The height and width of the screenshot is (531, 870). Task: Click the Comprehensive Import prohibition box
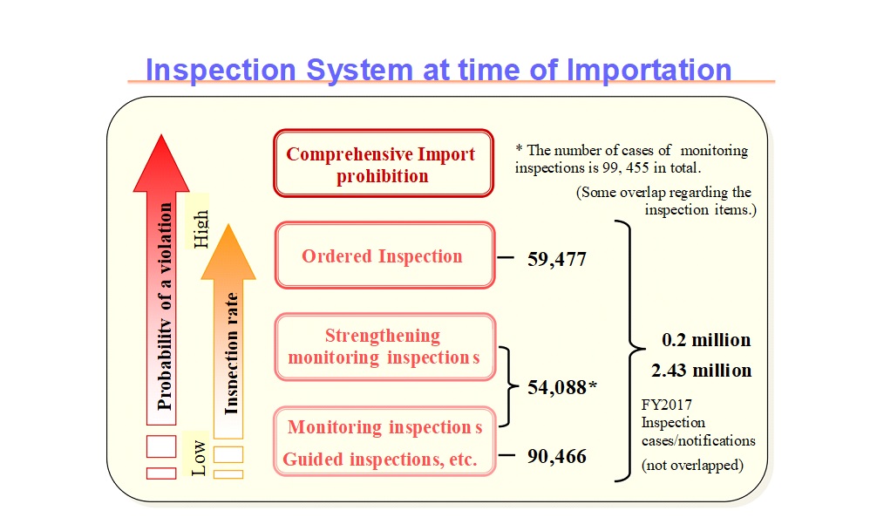coord(384,163)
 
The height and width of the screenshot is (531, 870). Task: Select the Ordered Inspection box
coord(384,255)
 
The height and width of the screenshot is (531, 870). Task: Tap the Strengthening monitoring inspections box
coord(384,347)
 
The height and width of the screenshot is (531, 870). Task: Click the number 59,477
coord(556,259)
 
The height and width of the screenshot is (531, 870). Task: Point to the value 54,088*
coord(562,387)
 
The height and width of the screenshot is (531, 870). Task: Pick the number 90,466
coord(556,457)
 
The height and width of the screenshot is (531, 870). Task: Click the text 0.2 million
coord(706,339)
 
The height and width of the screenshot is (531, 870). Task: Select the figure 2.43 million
coord(702,370)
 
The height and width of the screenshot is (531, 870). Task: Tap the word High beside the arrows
coord(201,229)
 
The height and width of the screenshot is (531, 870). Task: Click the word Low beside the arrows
coord(198,459)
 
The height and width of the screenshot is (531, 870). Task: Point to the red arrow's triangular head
coord(161,163)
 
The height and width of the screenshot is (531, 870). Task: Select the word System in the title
coord(359,71)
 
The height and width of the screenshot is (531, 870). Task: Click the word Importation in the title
coord(649,71)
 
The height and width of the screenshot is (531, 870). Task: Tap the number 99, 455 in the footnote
coord(626,167)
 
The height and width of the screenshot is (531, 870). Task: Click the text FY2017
coord(666,405)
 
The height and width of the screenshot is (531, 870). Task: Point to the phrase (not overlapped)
coord(692,465)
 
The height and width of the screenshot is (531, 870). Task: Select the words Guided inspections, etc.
coord(380,460)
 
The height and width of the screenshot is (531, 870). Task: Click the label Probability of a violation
coord(165,307)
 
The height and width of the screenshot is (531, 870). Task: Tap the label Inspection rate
coord(231,353)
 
